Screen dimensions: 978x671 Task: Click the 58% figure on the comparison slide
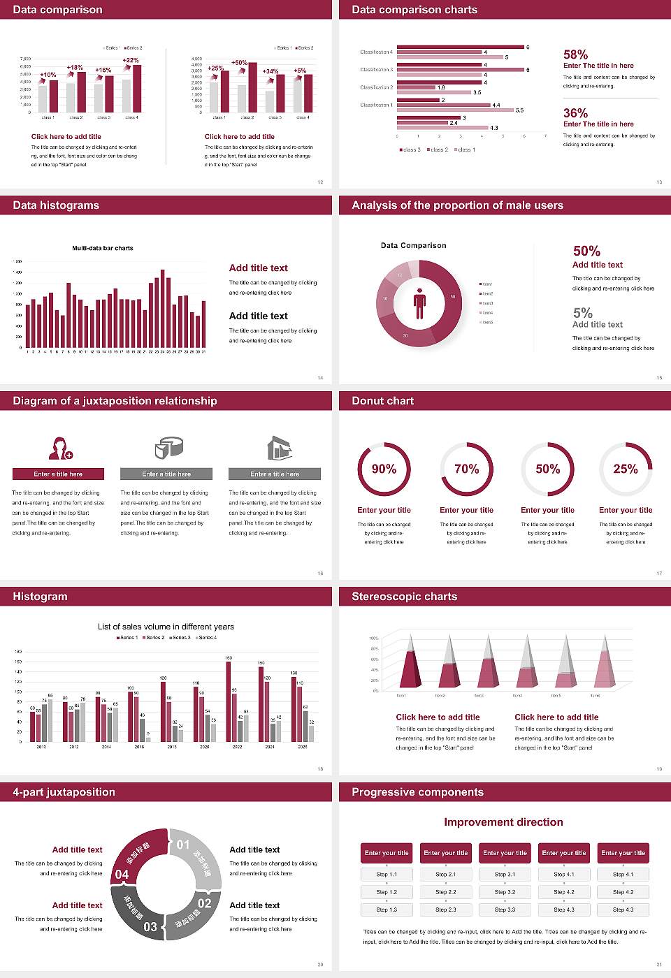click(x=575, y=54)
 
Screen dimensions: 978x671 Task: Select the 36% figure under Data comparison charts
click(x=575, y=113)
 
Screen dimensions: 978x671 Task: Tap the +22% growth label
click(x=131, y=61)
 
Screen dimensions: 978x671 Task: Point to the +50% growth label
click(x=239, y=63)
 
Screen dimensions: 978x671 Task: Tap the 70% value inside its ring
click(x=466, y=469)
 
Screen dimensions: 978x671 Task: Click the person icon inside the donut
click(x=419, y=302)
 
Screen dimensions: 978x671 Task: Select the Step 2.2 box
click(x=446, y=892)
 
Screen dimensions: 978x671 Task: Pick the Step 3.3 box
click(x=505, y=910)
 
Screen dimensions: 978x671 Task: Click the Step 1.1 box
click(x=387, y=875)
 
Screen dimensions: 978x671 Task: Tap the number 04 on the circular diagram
click(x=122, y=875)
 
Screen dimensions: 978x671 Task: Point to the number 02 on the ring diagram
click(x=204, y=903)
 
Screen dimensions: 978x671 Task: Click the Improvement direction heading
click(x=503, y=822)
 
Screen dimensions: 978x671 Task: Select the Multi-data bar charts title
click(x=103, y=248)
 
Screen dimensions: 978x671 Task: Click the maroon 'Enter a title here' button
click(x=59, y=474)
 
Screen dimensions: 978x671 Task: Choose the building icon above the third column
click(x=279, y=448)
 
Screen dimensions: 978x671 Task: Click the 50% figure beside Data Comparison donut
click(x=586, y=251)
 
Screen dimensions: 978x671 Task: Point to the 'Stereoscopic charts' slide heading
click(x=404, y=597)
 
